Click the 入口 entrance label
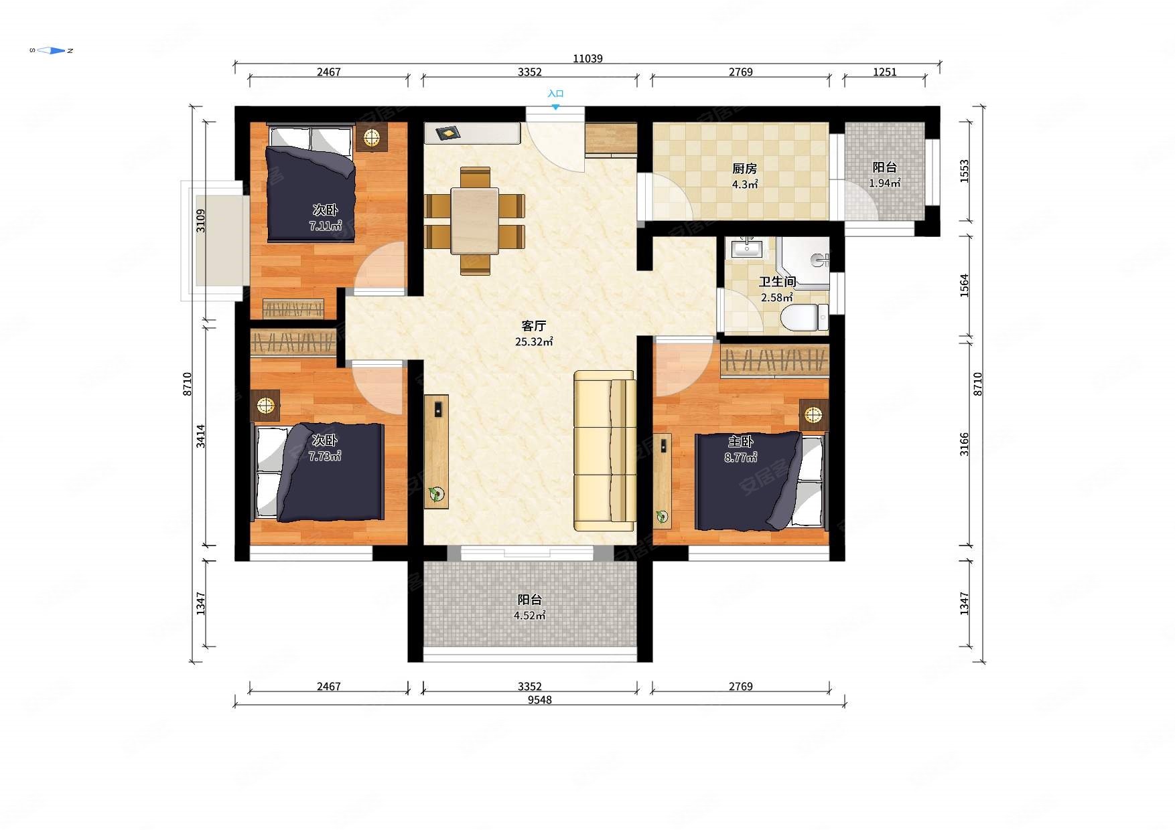(555, 94)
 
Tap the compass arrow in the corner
(52, 50)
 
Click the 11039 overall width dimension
(587, 58)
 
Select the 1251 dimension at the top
(884, 72)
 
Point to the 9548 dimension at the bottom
(540, 699)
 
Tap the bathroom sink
(746, 248)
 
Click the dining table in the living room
(475, 220)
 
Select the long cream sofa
(604, 450)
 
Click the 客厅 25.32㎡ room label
(534, 333)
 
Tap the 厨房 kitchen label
(744, 168)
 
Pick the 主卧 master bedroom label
(741, 441)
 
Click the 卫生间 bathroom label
(777, 282)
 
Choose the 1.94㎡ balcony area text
(884, 183)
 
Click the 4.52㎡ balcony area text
(529, 615)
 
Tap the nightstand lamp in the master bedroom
(813, 415)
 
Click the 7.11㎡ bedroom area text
(326, 226)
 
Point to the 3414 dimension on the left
(200, 436)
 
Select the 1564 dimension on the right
(964, 286)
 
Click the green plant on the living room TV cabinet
(436, 495)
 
